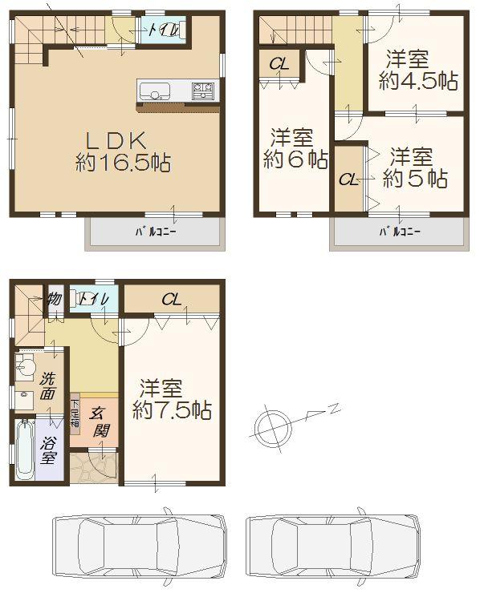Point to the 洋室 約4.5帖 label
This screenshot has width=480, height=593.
413,70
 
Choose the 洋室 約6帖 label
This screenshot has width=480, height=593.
295,148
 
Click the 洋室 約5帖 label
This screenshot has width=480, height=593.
413,167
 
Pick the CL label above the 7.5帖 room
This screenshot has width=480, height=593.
171,301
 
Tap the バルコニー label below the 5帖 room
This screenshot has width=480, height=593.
399,233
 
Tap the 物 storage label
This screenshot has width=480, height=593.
54,298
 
